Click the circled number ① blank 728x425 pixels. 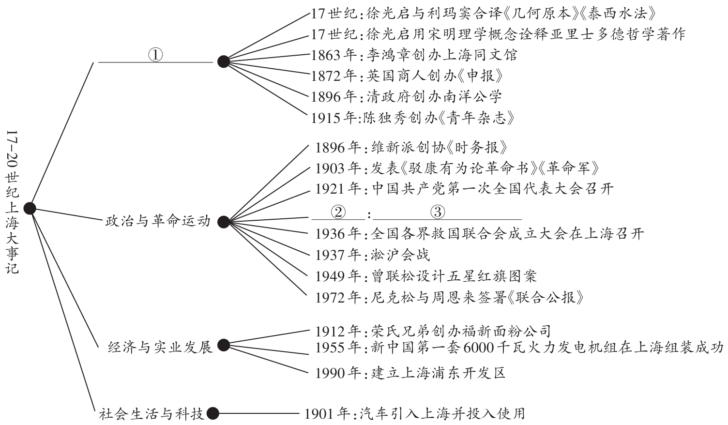tap(155, 56)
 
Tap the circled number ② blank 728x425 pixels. tap(338, 212)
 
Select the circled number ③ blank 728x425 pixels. tap(437, 212)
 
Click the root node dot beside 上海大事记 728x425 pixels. tap(30, 208)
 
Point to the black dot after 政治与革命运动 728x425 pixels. tap(223, 222)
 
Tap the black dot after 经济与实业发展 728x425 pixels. tap(223, 345)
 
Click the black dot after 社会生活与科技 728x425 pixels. tap(213, 414)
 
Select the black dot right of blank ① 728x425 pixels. tap(223, 61)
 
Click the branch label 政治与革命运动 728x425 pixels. tap(158, 221)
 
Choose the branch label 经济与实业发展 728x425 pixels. tap(160, 347)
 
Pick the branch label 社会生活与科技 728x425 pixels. tap(152, 414)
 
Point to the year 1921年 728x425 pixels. tap(338, 189)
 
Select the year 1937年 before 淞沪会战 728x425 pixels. tap(338, 255)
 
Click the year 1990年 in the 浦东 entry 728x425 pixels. tap(338, 373)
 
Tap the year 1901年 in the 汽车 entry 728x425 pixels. tap(327, 414)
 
